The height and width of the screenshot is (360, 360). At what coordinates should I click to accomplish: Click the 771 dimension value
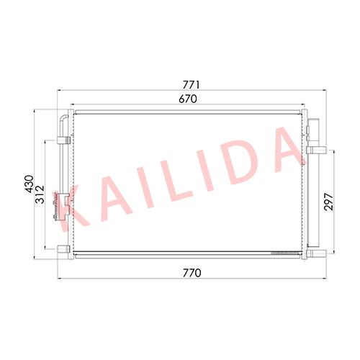pos(192,85)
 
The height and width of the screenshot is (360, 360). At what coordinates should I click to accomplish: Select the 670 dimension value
pos(188,99)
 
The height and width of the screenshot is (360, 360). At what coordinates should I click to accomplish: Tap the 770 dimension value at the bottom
pos(192,273)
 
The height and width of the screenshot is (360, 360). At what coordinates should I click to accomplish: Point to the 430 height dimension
pos(30,184)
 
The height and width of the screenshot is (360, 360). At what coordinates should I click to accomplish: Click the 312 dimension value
pos(40,194)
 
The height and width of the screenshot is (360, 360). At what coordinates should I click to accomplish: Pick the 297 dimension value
pos(328,202)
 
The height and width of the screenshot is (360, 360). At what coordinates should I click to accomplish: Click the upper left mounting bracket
pos(63,140)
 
